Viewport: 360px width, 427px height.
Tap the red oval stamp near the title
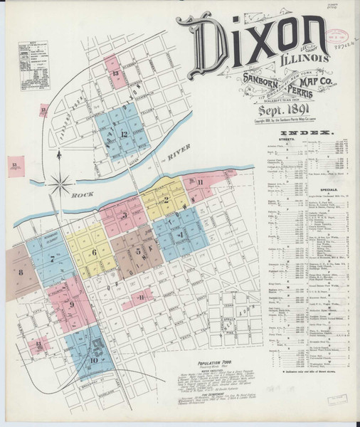click(x=339, y=34)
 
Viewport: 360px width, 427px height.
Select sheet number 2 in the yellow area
click(x=165, y=200)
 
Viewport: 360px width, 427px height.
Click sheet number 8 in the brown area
click(x=21, y=273)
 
